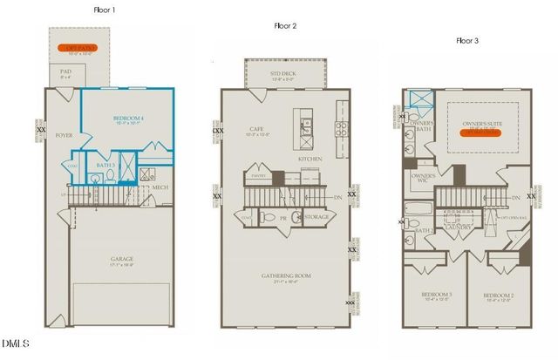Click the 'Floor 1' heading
pos(104,10)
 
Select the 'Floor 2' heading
pos(284,25)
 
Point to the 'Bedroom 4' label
pos(130,118)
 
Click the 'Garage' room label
pos(121,259)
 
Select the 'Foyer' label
pos(64,136)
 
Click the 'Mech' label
pos(160,187)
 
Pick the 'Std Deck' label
pos(283,73)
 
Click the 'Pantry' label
pos(258,175)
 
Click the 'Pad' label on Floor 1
pos(65,71)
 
